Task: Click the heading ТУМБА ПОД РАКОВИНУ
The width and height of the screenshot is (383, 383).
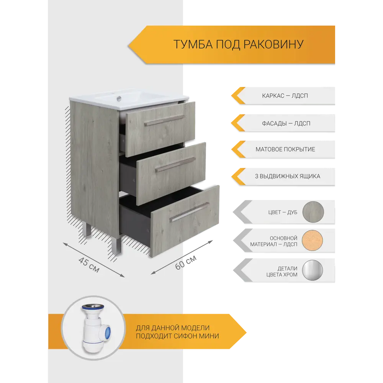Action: (238, 44)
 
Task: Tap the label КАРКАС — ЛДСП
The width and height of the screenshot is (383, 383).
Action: (285, 95)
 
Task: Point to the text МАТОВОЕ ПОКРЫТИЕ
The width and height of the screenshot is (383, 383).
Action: (285, 149)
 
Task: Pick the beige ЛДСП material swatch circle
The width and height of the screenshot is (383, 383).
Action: (313, 241)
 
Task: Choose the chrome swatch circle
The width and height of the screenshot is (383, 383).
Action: (313, 271)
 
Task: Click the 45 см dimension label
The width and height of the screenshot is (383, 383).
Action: (89, 265)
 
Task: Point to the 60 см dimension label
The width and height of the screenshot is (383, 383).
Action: (186, 262)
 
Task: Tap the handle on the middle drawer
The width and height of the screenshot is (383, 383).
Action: (175, 164)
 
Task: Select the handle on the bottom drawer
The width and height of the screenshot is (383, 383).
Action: (189, 211)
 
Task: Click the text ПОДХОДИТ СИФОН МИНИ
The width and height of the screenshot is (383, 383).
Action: (177, 336)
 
